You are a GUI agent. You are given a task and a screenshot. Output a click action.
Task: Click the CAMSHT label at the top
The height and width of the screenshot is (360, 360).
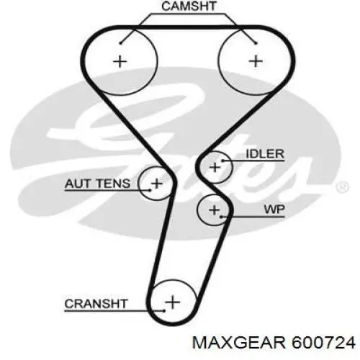coord(189,6)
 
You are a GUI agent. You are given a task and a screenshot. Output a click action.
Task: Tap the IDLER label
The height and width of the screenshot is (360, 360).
coord(265,154)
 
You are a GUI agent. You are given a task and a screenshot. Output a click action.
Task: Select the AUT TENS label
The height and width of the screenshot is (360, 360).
coord(97,184)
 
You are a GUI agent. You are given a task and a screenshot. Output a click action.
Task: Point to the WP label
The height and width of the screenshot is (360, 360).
coord(274,210)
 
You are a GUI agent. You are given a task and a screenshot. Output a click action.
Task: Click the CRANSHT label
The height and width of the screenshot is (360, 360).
coord(96,304)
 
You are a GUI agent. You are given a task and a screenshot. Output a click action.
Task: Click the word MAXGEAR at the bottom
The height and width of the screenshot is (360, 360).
coord(239,343)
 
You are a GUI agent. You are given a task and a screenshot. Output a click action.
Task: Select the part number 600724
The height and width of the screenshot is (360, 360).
coord(323,343)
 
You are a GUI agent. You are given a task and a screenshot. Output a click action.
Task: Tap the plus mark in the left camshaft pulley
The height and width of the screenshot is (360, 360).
coord(120,61)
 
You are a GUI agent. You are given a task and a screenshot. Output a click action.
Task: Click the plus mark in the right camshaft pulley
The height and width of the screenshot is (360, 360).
coord(256,61)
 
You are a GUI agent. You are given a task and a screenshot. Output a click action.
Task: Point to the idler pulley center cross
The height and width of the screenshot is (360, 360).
coord(215,167)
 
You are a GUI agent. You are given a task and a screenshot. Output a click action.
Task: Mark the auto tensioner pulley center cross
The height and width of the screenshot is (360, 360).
coord(157,184)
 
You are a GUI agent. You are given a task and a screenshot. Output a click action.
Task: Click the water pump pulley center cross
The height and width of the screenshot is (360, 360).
coord(215,210)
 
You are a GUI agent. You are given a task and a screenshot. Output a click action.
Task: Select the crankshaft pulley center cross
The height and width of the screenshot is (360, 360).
coord(173,302)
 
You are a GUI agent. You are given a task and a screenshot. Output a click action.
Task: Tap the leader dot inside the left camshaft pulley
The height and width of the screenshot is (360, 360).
coord(120,43)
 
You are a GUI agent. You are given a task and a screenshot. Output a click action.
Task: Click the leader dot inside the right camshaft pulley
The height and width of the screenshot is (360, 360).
coord(256,43)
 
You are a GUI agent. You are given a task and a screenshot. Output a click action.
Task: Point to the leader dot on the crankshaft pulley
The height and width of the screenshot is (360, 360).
coord(164,311)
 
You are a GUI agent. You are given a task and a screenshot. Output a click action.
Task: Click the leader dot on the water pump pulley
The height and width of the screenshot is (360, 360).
coord(221,217)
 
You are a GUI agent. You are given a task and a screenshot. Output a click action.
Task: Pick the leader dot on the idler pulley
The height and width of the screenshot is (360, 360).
coord(222,161)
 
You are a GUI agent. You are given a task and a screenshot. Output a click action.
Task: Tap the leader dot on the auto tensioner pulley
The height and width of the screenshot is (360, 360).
coord(150,191)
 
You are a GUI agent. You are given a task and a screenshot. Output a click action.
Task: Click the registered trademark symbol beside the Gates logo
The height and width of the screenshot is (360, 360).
coord(343,187)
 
